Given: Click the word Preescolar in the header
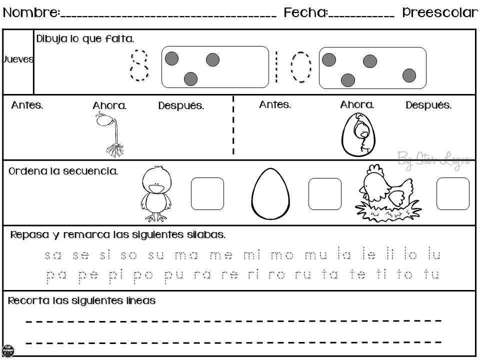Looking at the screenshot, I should click(440, 12).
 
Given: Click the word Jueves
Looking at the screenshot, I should click(18, 59).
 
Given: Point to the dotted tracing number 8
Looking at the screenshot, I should click(139, 64).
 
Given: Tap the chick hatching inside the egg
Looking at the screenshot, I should click(358, 134).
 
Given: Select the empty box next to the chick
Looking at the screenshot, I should click(207, 193).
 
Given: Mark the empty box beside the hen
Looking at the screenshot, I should click(452, 193).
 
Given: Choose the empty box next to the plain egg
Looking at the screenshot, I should click(324, 193).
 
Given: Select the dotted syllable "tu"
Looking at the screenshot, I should click(431, 274).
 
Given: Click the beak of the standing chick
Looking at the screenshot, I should click(158, 187).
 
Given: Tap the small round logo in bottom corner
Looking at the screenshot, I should click(8, 350).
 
